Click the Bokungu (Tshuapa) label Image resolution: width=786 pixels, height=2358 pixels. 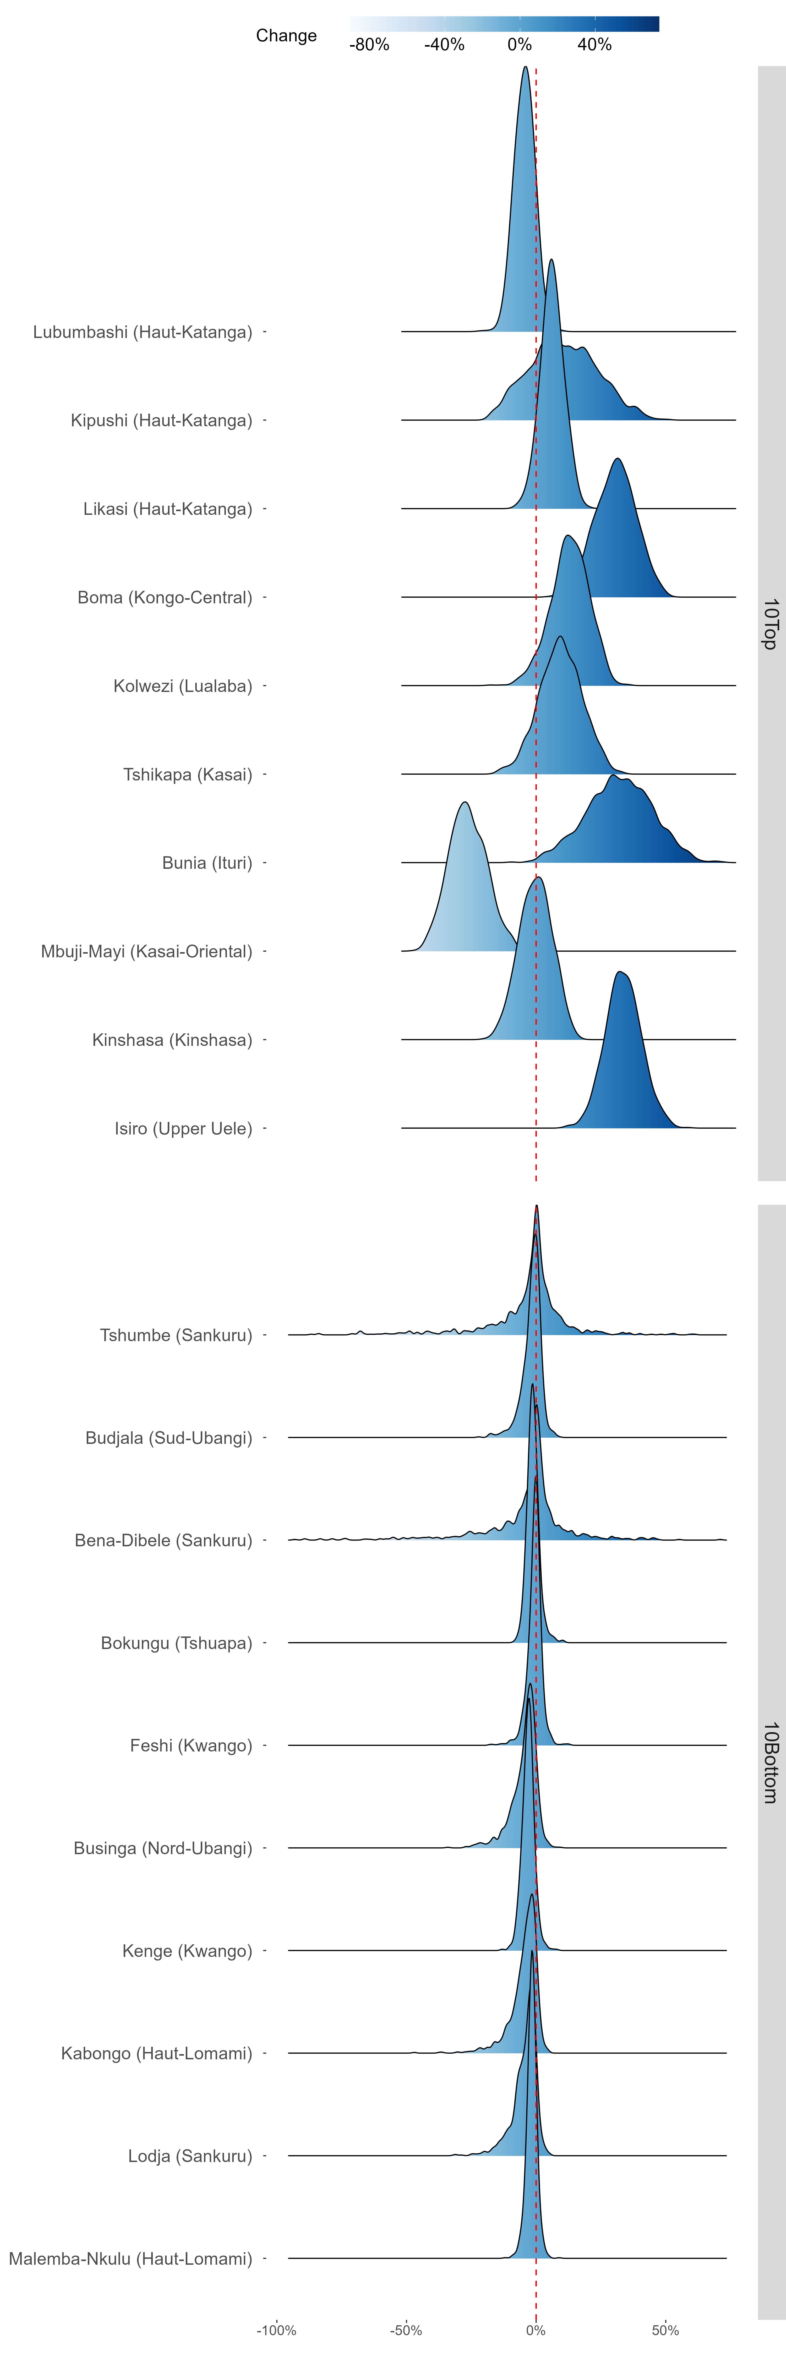click(x=177, y=1643)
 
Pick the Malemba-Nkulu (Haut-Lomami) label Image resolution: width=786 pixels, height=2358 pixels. click(x=131, y=2258)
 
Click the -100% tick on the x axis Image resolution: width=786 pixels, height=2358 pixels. click(x=276, y=2330)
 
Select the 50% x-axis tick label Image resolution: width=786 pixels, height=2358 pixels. click(x=665, y=2330)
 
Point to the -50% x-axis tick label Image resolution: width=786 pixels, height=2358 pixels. click(x=406, y=2330)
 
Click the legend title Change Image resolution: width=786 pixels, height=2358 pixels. click(x=286, y=36)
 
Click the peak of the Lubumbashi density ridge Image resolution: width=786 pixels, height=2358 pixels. click(x=524, y=67)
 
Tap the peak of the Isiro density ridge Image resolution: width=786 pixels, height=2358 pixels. click(x=620, y=972)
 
